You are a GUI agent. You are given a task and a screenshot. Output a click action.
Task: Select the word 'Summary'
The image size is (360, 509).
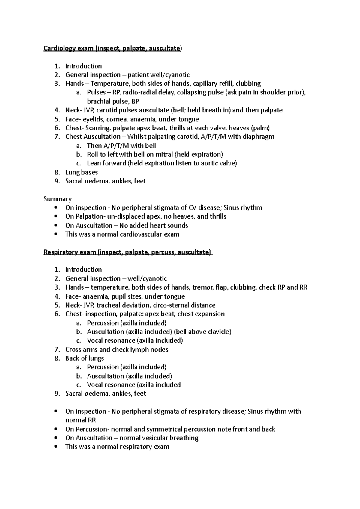point(58,199)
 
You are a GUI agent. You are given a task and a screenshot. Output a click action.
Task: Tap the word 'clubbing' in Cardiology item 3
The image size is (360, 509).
point(248,84)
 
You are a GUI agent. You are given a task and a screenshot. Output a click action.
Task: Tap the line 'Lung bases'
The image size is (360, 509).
point(81,172)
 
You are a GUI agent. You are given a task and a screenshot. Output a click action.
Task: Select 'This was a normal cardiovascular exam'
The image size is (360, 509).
point(122,234)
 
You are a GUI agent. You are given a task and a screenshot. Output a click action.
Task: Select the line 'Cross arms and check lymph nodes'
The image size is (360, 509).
point(117,350)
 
